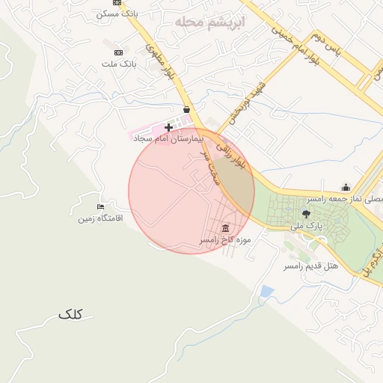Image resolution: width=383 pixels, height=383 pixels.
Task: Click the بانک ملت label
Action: (x=120, y=65)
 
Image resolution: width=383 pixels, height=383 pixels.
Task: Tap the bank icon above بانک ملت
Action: (x=118, y=52)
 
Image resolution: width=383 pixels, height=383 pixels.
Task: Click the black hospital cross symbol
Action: (x=168, y=128)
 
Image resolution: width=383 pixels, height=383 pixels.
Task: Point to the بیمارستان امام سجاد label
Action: (x=164, y=139)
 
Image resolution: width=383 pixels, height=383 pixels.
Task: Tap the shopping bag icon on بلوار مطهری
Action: (x=186, y=109)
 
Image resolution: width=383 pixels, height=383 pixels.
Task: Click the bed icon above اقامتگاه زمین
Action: (x=101, y=206)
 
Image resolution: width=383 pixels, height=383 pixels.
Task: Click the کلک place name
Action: (x=74, y=315)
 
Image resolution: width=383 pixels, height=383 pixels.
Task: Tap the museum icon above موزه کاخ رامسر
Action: (x=225, y=228)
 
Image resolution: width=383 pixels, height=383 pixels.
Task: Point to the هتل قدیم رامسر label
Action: (x=310, y=266)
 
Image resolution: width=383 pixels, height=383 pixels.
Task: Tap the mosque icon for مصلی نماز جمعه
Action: (x=345, y=188)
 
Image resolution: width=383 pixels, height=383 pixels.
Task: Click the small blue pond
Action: (x=266, y=291)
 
